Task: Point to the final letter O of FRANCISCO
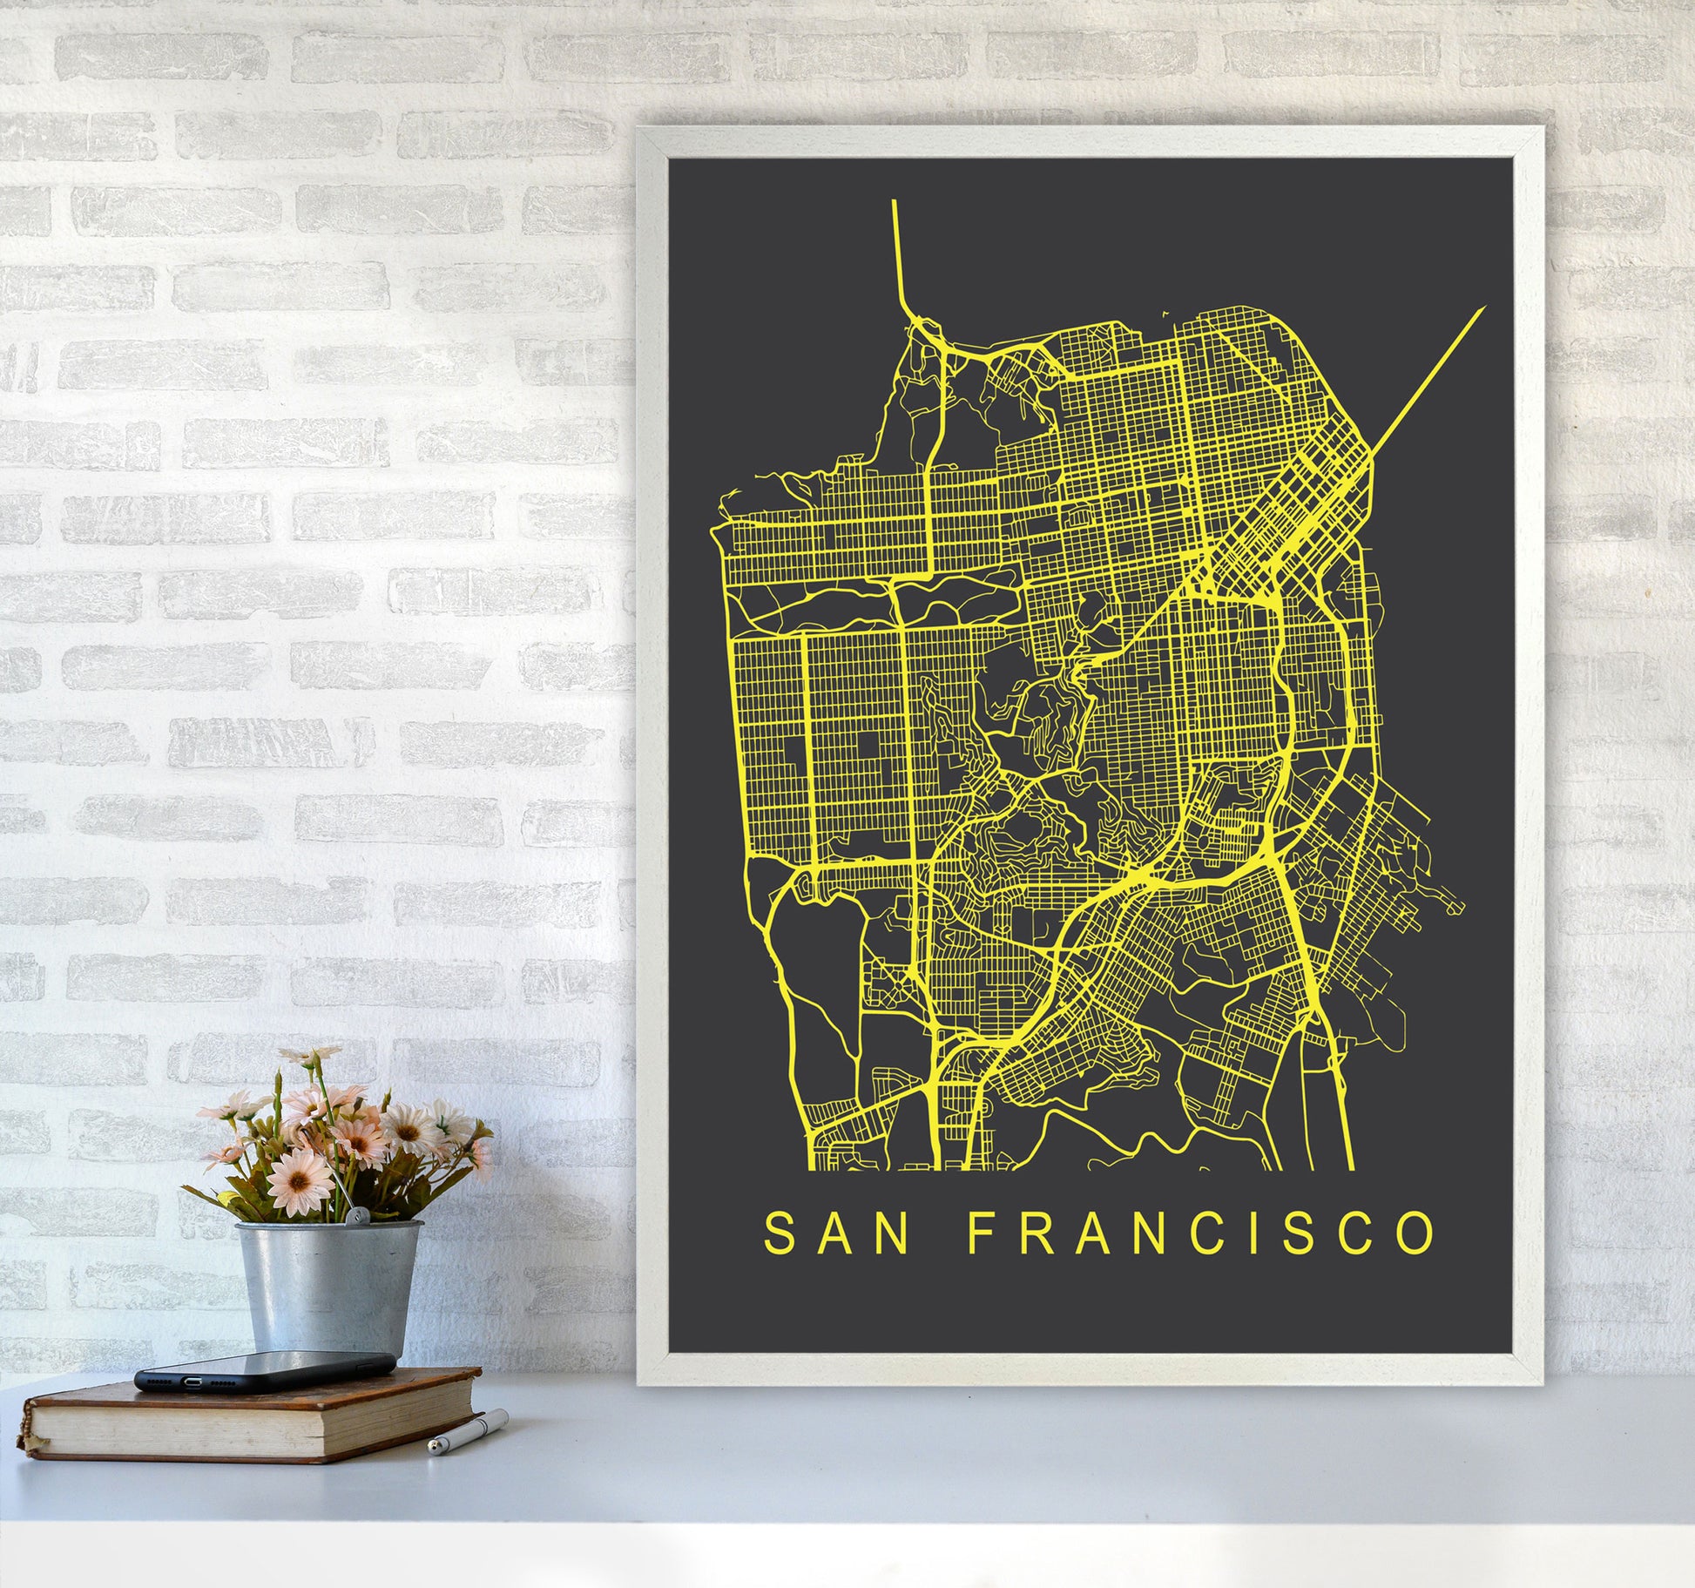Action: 1415,1232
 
